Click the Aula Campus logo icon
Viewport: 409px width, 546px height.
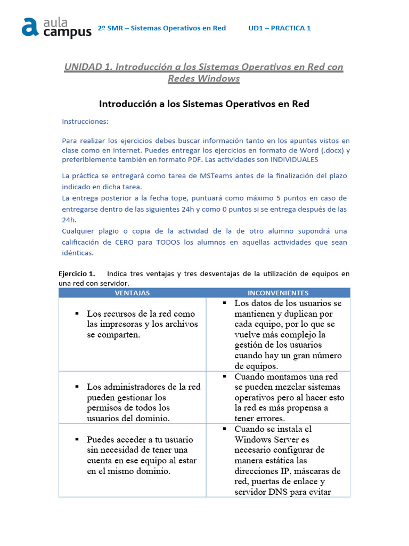point(30,27)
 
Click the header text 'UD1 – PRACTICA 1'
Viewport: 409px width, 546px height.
point(279,28)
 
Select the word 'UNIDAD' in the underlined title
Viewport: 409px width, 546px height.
point(83,67)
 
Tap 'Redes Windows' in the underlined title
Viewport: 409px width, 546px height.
point(203,79)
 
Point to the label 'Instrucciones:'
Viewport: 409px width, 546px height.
point(85,122)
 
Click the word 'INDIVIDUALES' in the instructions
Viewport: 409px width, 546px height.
point(295,159)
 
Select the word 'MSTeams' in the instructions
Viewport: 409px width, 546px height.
point(201,175)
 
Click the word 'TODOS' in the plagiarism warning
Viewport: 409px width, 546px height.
point(169,243)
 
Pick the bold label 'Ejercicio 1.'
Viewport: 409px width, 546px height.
point(77,274)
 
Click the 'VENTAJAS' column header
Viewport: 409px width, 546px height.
point(132,293)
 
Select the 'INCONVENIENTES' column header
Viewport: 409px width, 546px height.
point(278,293)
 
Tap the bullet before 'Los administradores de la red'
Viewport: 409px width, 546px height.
point(77,386)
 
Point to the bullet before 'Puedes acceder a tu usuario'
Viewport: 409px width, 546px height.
point(77,439)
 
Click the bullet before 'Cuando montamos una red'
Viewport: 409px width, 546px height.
point(224,376)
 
